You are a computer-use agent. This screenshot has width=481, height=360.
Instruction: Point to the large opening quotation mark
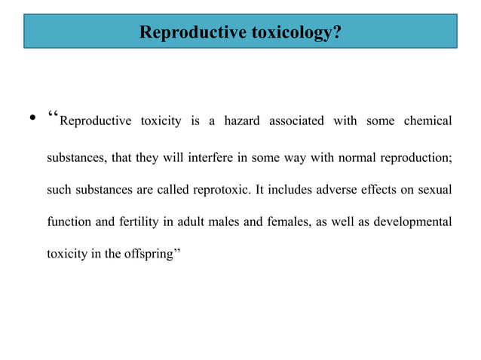click(x=53, y=119)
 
